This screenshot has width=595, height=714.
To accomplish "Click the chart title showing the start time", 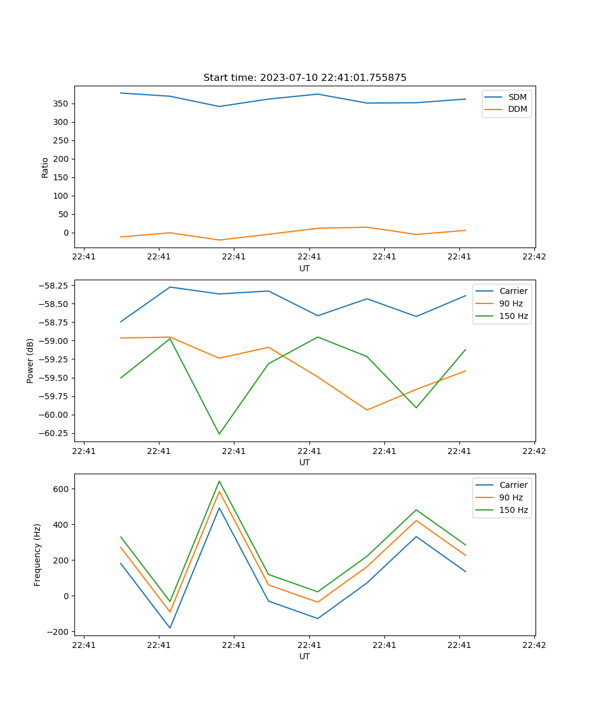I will click(305, 78).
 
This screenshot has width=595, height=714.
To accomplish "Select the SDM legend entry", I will click(517, 97).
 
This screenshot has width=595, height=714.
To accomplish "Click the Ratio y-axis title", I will click(45, 167).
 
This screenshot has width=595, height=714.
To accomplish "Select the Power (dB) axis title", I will click(30, 361).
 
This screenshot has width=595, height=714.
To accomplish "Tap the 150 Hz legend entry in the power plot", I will click(513, 316).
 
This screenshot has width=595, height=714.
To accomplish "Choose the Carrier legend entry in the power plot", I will click(513, 291).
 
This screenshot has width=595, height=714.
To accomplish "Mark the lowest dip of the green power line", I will click(219, 434).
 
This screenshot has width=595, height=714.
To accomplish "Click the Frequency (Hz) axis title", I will click(37, 555).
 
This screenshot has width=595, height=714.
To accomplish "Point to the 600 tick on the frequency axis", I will click(62, 489).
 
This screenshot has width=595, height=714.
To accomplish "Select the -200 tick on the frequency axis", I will click(60, 632).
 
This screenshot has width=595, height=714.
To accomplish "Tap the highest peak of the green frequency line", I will click(219, 481).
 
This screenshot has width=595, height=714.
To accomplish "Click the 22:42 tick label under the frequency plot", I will click(534, 644).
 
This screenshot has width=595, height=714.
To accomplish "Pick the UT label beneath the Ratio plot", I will click(305, 268).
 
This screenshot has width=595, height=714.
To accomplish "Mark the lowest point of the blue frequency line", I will click(170, 628).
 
